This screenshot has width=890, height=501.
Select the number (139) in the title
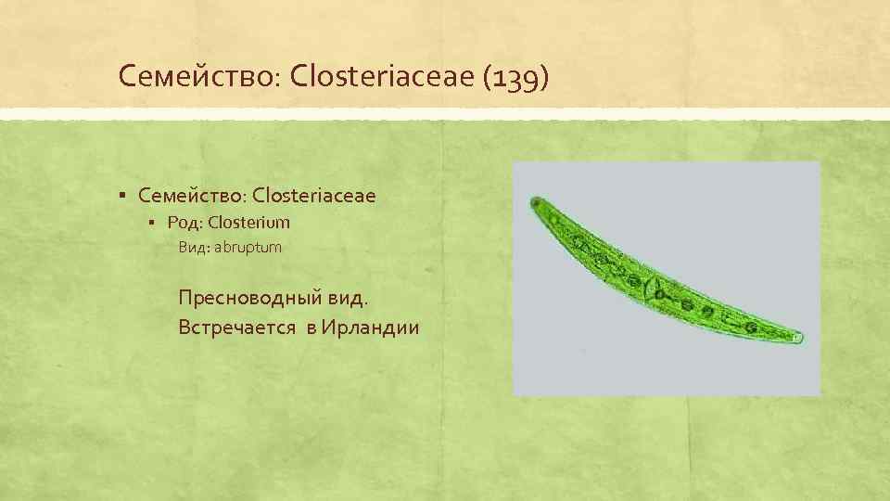[x=515, y=76]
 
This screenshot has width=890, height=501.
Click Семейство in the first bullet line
[x=190, y=195]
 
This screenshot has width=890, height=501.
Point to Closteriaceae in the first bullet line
[x=313, y=195]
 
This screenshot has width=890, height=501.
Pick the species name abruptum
[x=248, y=248]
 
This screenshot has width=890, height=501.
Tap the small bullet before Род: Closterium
[x=154, y=224]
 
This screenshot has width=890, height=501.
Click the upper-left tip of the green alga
[x=535, y=201]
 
